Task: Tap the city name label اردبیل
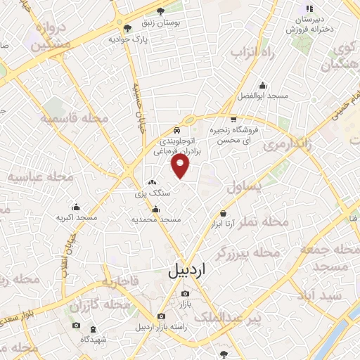(190, 271)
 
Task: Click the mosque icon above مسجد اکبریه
(76, 208)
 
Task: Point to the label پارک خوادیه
(126, 39)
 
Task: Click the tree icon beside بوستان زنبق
(161, 11)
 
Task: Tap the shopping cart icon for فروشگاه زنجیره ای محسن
(233, 119)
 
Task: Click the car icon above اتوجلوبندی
(176, 129)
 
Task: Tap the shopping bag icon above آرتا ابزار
(223, 213)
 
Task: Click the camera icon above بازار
(185, 293)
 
